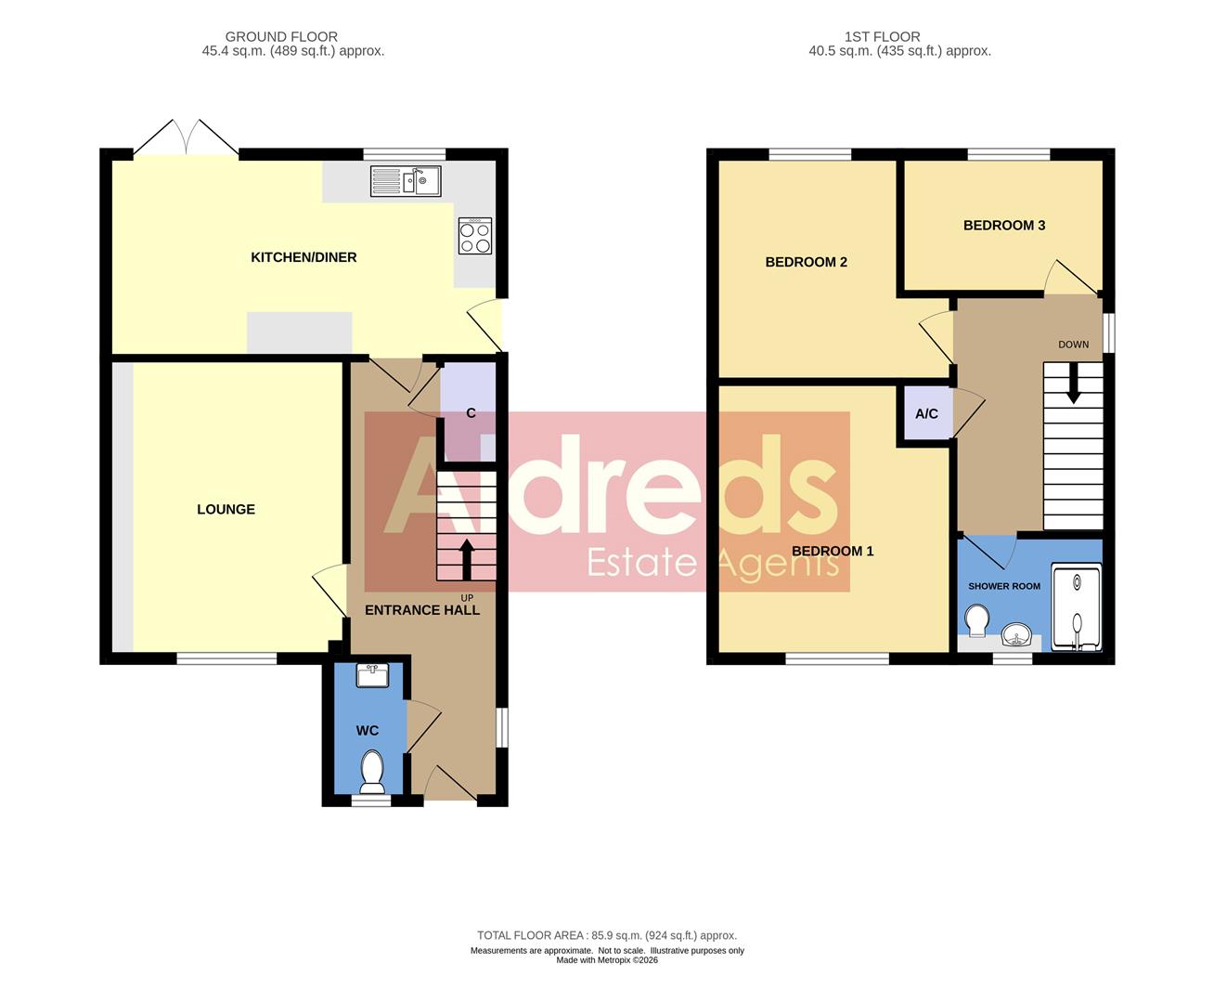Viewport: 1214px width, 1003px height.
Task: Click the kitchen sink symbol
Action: (405, 180)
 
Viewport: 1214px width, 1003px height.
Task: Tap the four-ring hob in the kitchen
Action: (474, 236)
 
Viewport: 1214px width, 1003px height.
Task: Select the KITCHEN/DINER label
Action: (303, 257)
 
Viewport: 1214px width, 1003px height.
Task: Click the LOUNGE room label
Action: (226, 509)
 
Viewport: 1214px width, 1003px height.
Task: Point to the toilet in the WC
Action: (372, 772)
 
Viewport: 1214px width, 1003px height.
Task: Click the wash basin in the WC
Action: (372, 675)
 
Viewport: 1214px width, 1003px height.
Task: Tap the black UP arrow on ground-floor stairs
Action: (467, 559)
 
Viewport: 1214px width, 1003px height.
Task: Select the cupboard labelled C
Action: (471, 412)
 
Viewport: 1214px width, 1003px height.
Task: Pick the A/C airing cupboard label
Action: (926, 414)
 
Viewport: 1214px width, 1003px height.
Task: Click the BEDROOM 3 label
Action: (1004, 225)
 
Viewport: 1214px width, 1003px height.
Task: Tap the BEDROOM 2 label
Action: (806, 262)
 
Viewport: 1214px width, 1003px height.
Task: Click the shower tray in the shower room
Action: (1077, 606)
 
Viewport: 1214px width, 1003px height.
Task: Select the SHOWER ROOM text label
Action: (1004, 586)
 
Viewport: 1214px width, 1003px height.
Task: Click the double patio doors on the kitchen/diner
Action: (186, 139)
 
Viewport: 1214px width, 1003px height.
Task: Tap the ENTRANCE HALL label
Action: (422, 610)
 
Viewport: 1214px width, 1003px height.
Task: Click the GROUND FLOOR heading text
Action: (281, 37)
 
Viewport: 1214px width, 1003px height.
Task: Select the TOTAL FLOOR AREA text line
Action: (606, 935)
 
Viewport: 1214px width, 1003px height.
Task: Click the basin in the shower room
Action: (1018, 637)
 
